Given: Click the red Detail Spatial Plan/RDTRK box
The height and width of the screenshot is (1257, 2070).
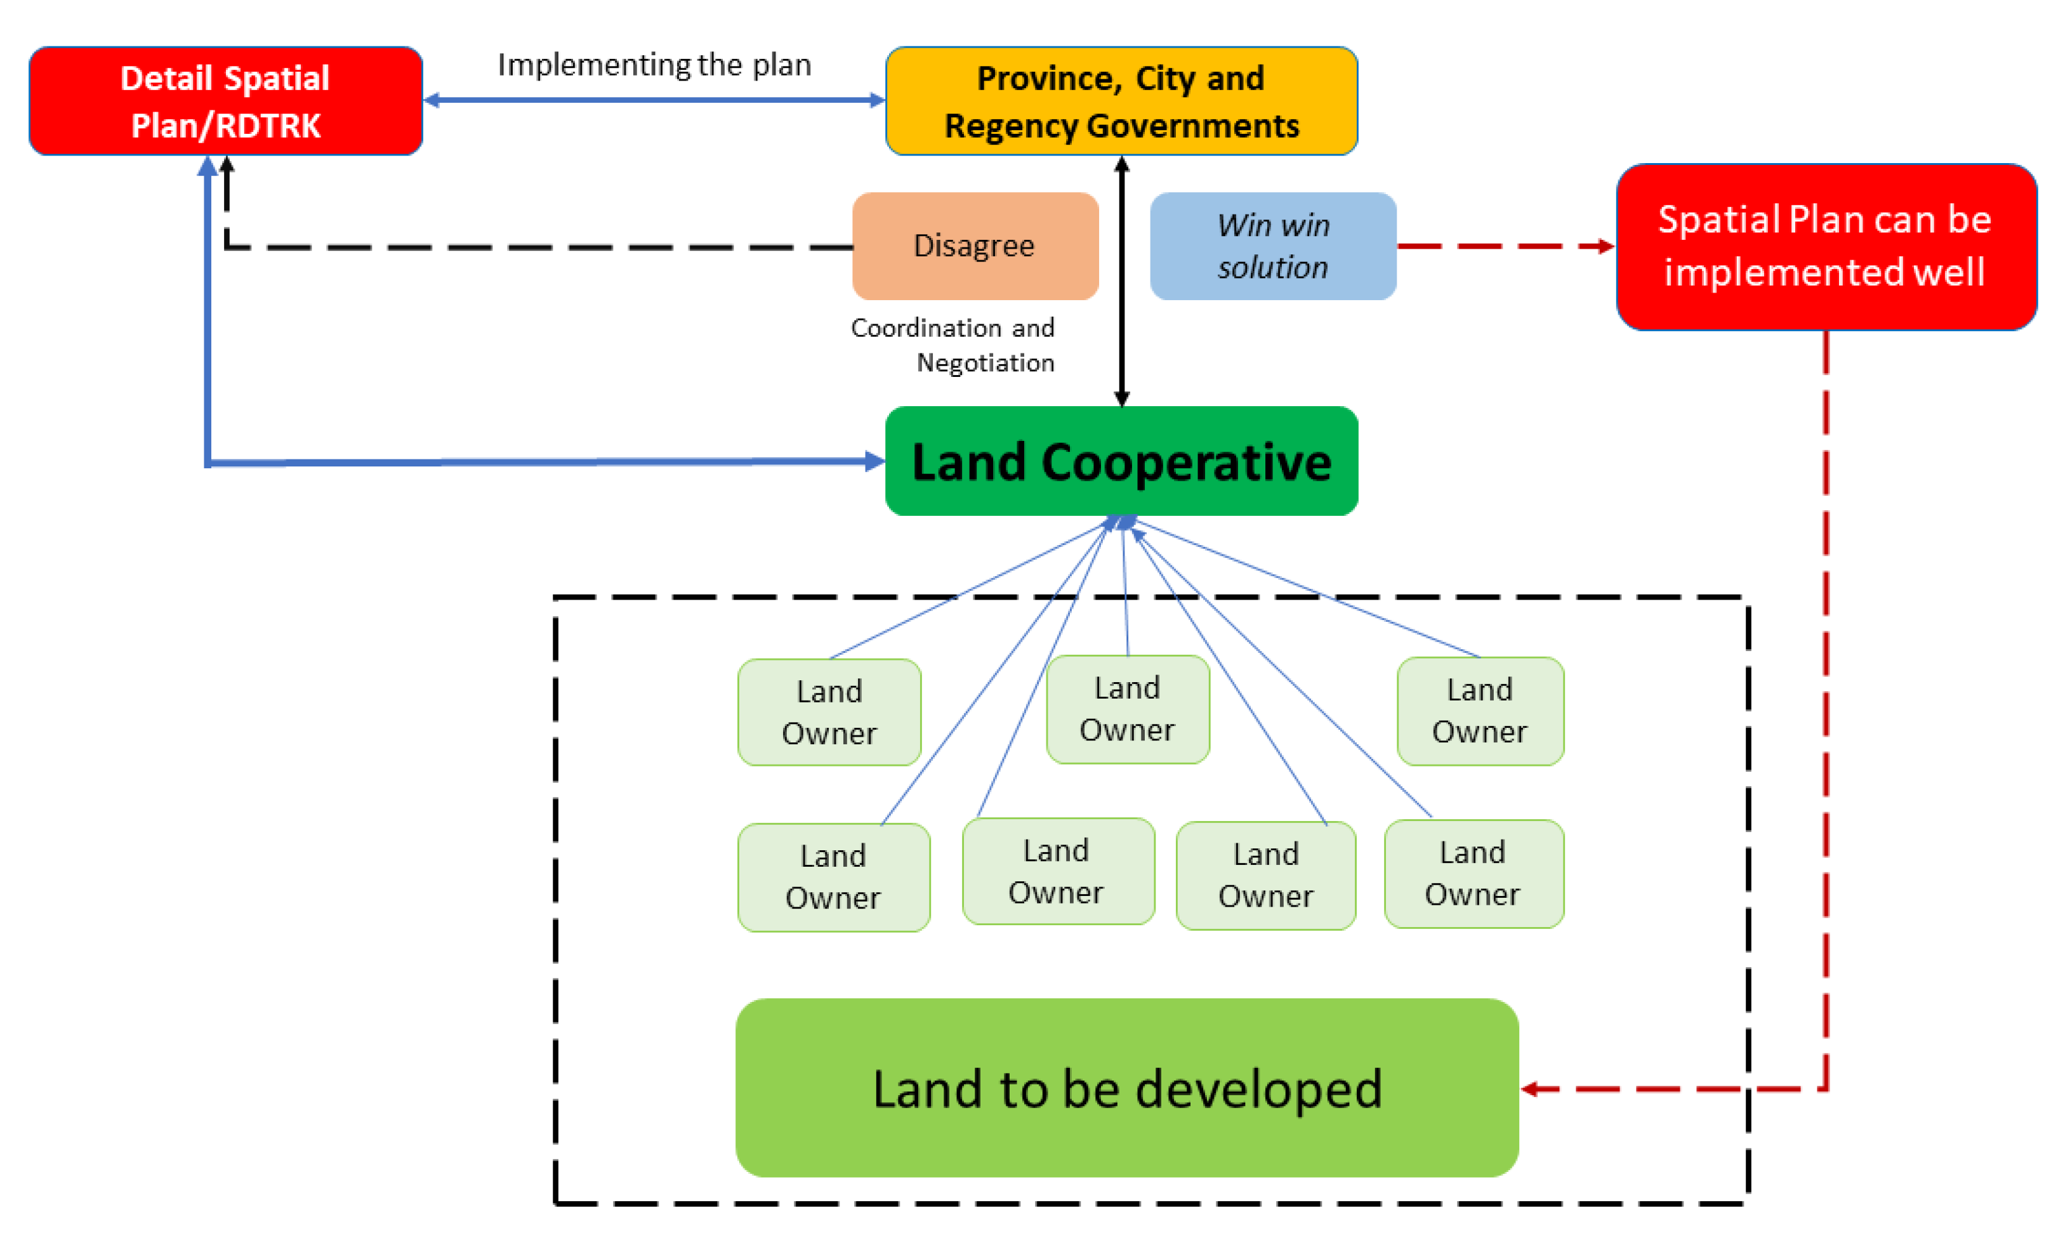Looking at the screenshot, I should [x=225, y=101].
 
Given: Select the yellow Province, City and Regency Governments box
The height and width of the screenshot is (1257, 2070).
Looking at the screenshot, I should [x=1121, y=101].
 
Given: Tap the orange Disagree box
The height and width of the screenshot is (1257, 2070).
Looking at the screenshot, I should [x=975, y=246].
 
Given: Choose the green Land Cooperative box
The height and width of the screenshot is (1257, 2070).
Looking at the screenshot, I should [x=1121, y=461].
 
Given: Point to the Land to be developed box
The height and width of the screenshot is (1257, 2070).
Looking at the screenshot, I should [x=1126, y=1088].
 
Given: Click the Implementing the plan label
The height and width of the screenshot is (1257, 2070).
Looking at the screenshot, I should [x=654, y=65].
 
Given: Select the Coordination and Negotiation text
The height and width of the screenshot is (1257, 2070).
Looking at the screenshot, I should [x=953, y=345].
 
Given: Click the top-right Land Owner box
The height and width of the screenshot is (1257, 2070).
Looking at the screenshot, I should [x=1479, y=710].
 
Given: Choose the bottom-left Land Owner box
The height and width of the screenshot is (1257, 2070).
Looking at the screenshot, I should [x=833, y=876].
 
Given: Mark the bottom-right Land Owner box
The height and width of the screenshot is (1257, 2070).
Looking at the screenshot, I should [x=1473, y=873].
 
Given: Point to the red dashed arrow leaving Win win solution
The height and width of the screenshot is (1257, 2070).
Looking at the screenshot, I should [x=1504, y=246].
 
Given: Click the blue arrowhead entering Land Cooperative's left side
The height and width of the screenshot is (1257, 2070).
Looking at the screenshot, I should [x=874, y=461].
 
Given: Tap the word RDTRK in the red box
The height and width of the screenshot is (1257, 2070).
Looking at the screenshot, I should [x=269, y=126].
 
